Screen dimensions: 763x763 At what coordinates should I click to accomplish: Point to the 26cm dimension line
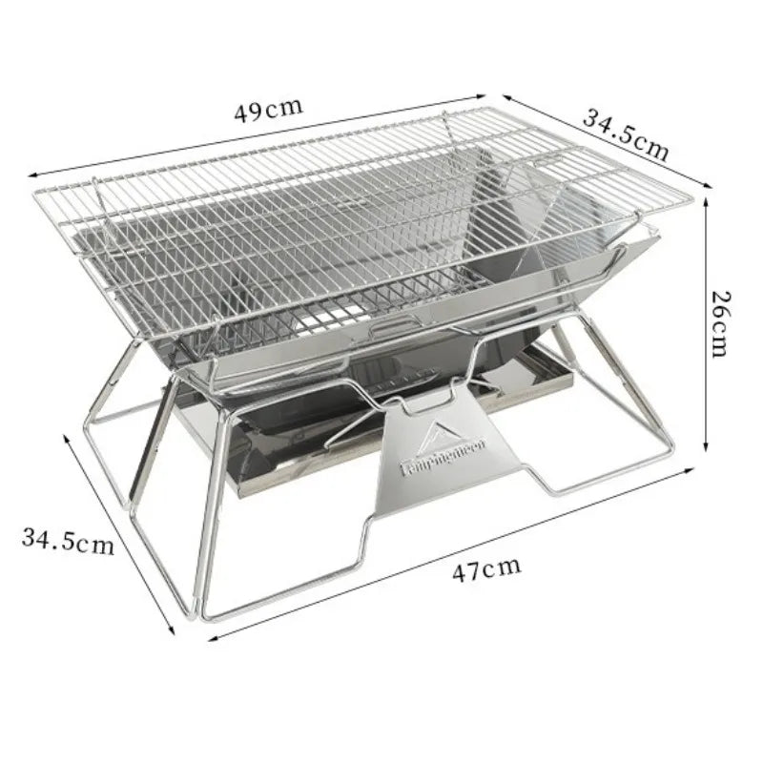pyautogui.click(x=705, y=324)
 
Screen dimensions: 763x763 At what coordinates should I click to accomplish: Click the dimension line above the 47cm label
pyautogui.click(x=439, y=554)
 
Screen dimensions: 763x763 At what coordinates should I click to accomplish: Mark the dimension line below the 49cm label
pyautogui.click(x=258, y=134)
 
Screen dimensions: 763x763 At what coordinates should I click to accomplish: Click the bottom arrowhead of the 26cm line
pyautogui.click(x=705, y=448)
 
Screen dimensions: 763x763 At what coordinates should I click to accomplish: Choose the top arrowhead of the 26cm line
pyautogui.click(x=705, y=200)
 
